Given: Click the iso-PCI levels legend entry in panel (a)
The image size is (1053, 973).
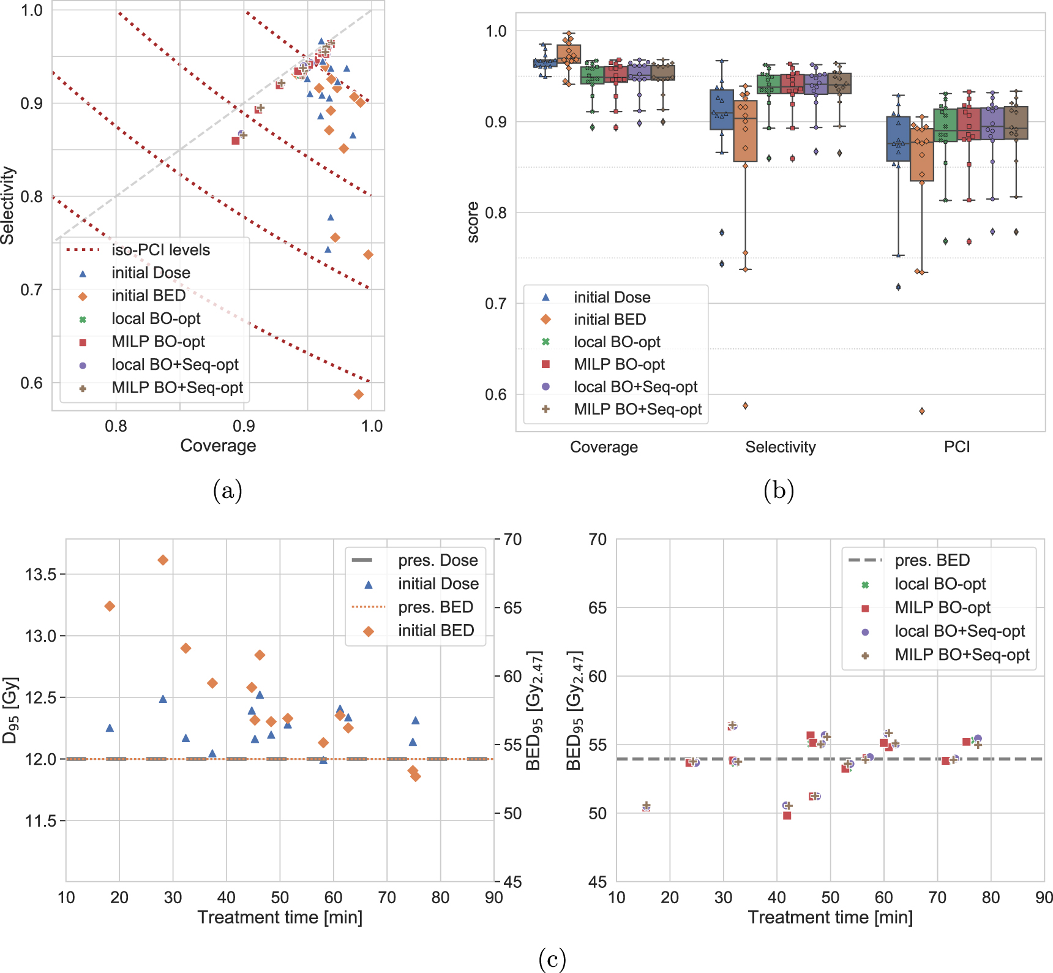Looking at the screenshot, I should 160,250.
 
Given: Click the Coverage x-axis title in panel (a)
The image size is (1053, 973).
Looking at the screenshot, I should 218,446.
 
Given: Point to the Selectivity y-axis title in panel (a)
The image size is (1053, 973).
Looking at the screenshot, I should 8,205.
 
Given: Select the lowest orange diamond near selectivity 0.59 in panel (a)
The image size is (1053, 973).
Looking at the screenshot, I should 359,394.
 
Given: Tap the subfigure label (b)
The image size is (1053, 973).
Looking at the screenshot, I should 779,491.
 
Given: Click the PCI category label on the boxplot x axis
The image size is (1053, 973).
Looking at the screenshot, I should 956,447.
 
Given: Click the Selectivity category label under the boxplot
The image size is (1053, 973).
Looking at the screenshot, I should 780,447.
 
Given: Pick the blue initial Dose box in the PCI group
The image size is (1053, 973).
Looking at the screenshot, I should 898,139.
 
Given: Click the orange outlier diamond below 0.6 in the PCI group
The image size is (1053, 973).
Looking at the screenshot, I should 922,411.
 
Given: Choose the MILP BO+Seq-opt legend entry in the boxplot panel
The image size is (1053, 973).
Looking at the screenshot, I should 637,409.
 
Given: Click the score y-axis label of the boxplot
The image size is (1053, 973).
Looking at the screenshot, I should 473,222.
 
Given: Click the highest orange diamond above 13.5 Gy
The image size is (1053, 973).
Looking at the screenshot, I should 163,560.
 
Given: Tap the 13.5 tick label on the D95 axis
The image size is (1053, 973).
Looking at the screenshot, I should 40,574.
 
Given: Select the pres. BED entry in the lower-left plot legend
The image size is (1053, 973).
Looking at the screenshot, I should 435,607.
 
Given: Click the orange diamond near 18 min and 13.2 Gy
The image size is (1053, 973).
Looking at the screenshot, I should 110,606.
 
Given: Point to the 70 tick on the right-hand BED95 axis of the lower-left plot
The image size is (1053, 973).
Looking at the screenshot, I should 512,539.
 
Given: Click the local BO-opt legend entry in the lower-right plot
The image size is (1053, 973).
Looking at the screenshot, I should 940,584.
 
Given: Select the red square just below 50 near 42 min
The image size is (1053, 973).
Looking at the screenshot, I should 787,816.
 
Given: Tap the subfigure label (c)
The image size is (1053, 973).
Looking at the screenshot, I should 552,958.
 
